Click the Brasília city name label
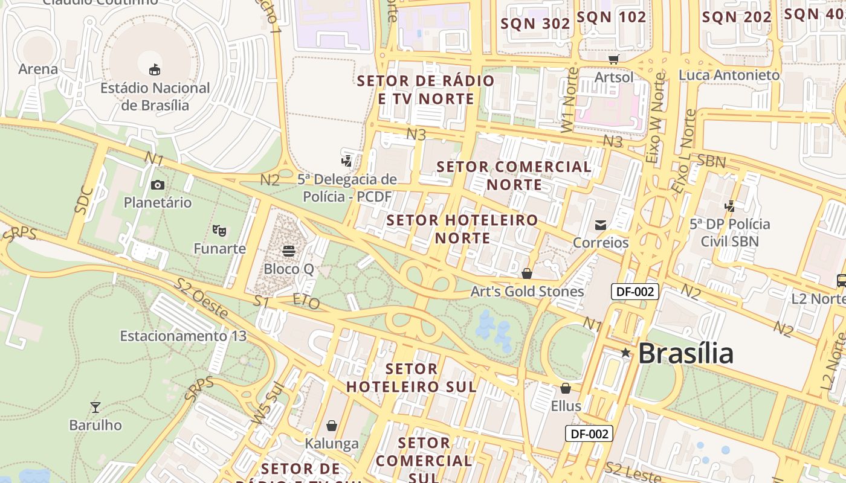coord(685,353)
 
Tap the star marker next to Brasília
coord(625,353)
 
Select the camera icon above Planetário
coord(158,185)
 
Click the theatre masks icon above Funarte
coord(219,230)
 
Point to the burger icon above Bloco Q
coord(288,251)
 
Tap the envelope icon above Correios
coord(601,225)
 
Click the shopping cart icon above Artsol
coord(614,59)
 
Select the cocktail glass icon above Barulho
coord(95,407)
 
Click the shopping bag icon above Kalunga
coord(331,426)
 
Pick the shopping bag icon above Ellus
coord(566,388)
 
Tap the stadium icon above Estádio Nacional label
coord(155,69)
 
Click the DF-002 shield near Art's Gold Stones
coord(635,292)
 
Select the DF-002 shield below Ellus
coord(589,433)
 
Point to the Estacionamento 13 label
coord(183,336)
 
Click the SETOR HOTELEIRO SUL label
coord(412,377)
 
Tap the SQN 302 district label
coord(536,24)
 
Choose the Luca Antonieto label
coord(729,75)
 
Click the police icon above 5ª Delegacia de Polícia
coord(346,161)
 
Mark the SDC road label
coord(84,200)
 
